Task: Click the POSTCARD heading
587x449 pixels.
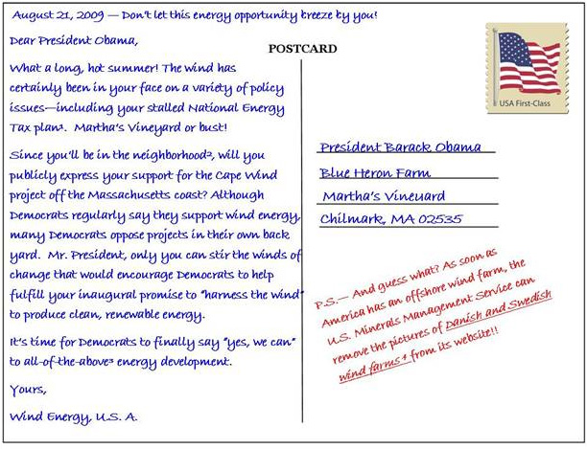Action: pyautogui.click(x=302, y=49)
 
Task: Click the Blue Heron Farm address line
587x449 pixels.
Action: pyautogui.click(x=375, y=172)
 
